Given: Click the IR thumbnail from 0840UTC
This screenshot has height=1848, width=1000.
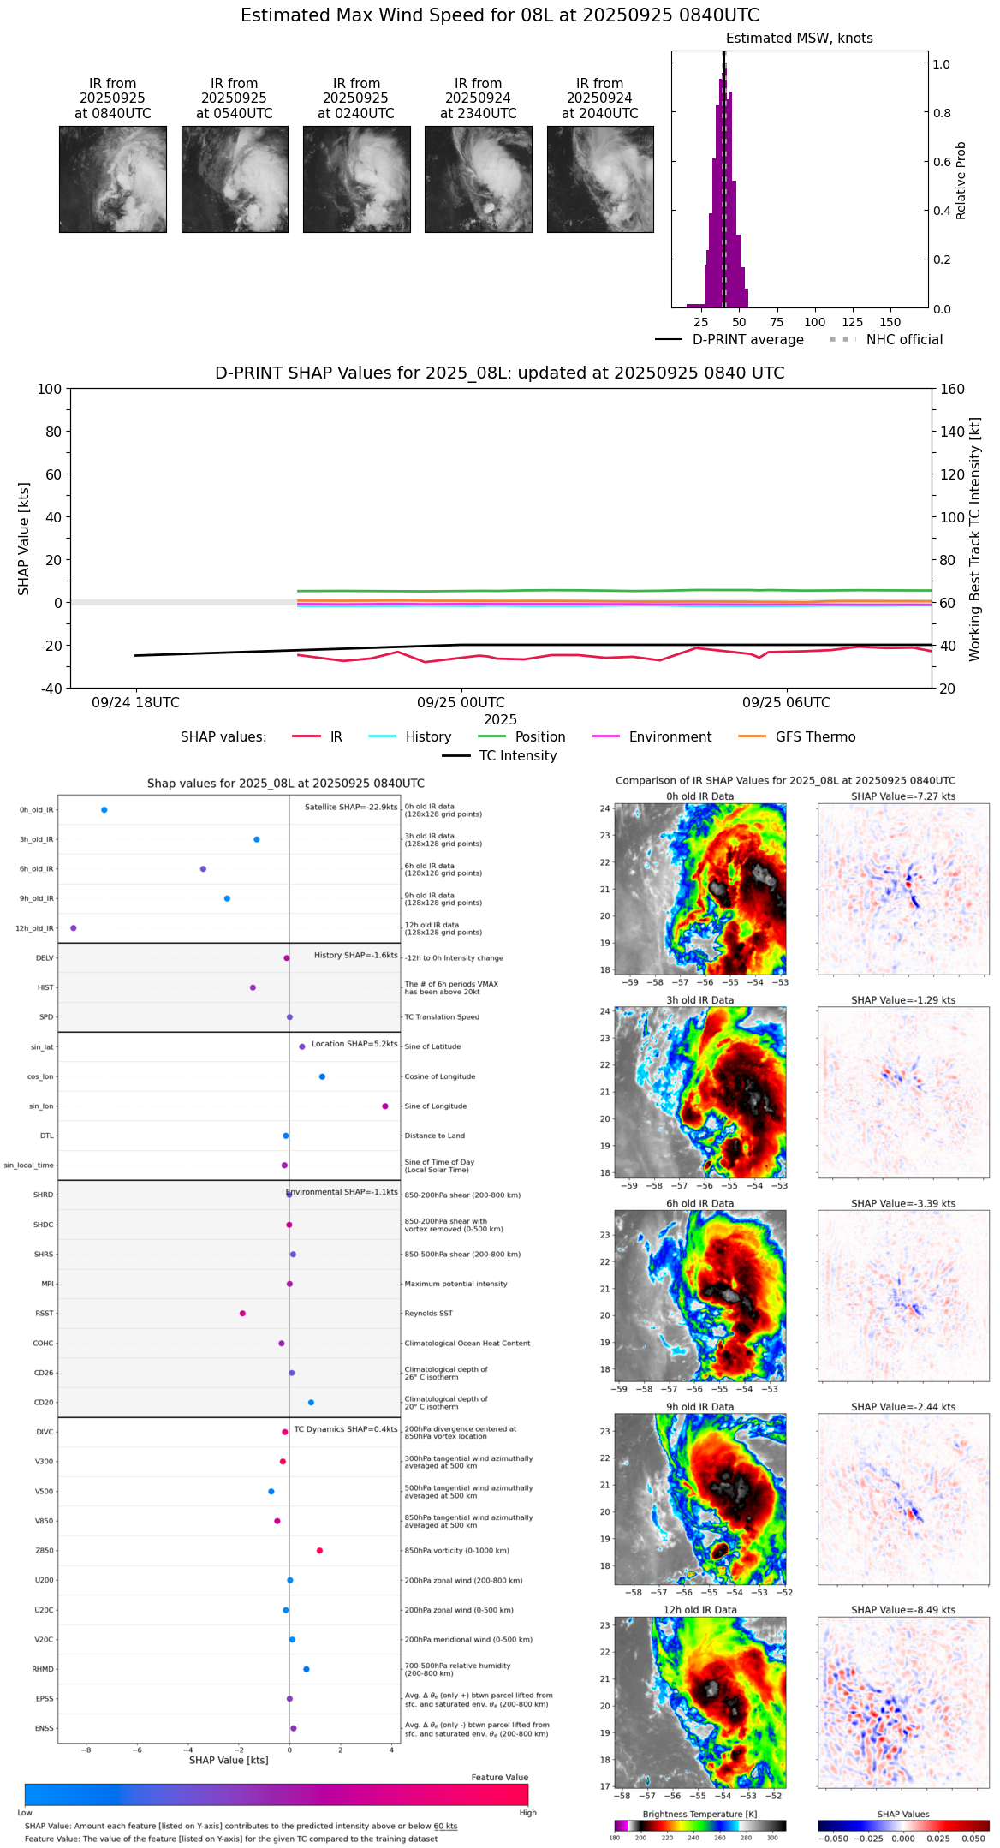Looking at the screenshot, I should [112, 179].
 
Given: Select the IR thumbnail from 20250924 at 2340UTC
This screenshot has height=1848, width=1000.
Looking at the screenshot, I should [478, 179].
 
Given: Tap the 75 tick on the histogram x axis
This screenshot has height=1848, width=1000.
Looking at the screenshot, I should [777, 322].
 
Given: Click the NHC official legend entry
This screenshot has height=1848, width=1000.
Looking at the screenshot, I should [904, 340].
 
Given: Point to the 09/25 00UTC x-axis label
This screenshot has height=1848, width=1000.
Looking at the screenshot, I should [461, 703].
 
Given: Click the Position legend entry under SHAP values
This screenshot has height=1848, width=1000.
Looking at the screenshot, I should [539, 737].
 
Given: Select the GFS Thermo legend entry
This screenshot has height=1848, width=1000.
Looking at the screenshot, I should [815, 737].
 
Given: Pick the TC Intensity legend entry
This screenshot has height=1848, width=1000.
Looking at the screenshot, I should [517, 756].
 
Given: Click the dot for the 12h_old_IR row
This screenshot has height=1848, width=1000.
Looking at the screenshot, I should [74, 928].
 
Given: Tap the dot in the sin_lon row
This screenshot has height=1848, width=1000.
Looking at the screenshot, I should [385, 1106].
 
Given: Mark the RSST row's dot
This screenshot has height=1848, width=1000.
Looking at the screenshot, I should [242, 1314].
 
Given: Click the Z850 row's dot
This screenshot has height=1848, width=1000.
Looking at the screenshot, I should [319, 1551].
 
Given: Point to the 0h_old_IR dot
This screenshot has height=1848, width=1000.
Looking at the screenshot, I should [104, 810].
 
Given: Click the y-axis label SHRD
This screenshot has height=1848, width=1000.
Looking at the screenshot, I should [44, 1195].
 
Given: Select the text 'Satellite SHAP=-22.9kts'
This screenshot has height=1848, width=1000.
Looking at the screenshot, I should [351, 808].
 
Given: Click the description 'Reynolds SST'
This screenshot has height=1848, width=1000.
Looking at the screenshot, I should [428, 1314].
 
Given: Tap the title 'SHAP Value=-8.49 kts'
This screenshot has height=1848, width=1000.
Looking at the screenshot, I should [903, 1610].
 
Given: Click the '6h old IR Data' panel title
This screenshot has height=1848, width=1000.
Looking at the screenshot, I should [699, 1203].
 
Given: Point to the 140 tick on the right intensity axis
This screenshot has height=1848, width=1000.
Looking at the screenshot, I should [952, 432].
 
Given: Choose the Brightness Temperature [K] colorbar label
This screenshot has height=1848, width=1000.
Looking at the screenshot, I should [699, 1815].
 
